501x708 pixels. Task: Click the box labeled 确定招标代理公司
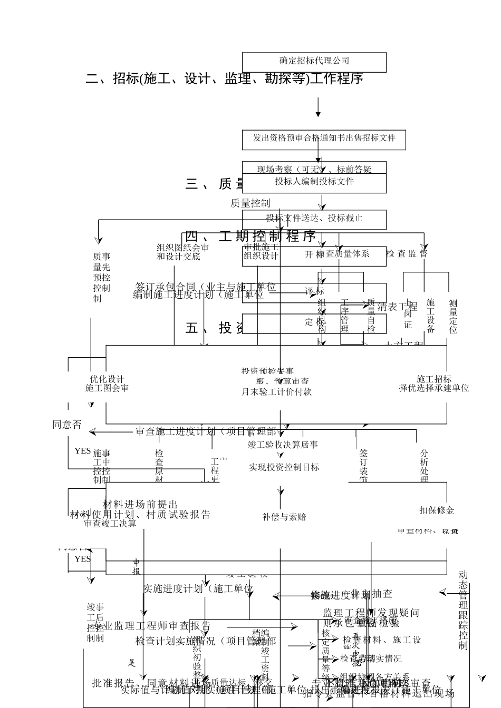[x=314, y=61]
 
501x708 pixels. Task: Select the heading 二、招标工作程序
[x=224, y=79]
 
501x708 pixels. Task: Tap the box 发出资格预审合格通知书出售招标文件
[x=324, y=138]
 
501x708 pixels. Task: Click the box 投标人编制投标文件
[x=314, y=182]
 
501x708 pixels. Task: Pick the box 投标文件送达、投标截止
[x=314, y=218]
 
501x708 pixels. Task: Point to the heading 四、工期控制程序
[x=250, y=236]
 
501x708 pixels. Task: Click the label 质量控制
[x=250, y=203]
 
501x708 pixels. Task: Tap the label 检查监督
[x=407, y=253]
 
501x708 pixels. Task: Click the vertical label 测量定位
[x=453, y=316]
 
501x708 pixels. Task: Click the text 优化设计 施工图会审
[x=107, y=383]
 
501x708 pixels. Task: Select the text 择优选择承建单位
[x=434, y=388]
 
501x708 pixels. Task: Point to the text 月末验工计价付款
[x=276, y=392]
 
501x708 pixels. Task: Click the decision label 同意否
[x=67, y=425]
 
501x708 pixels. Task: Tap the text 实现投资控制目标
[x=284, y=467]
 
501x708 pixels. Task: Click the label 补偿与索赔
[x=284, y=517]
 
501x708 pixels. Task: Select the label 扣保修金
[x=437, y=510]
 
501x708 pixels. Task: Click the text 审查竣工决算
[x=110, y=524]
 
